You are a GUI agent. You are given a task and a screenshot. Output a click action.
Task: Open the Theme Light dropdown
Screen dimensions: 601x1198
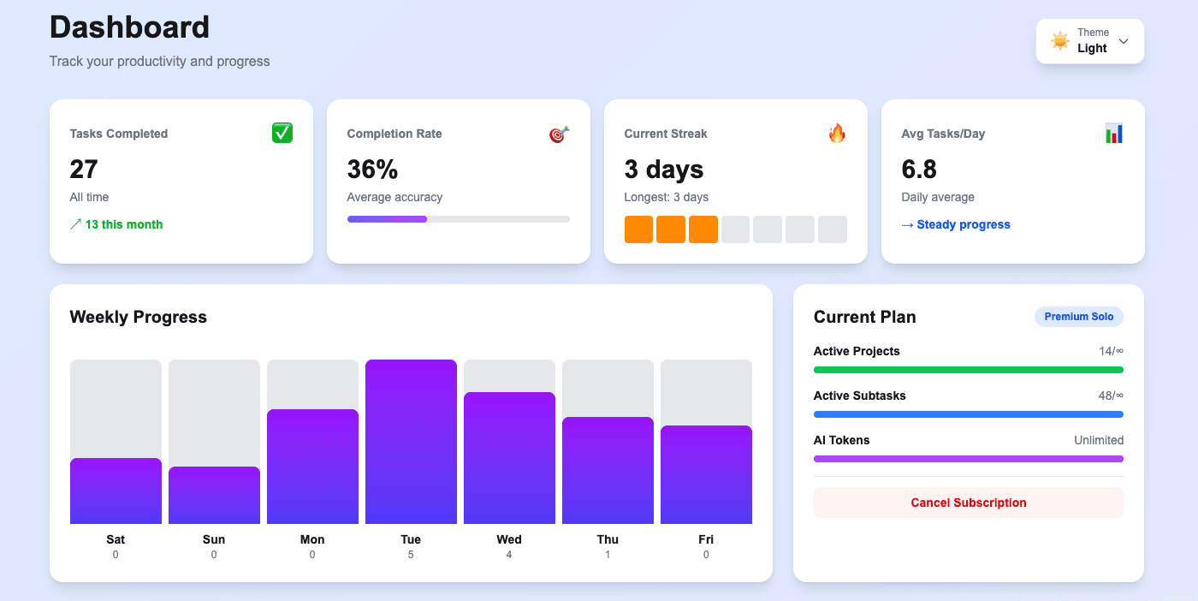(1089, 41)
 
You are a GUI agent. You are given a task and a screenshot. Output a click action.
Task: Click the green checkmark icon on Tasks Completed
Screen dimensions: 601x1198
(282, 133)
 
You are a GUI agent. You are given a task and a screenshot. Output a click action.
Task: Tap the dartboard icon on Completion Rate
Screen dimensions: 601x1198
(559, 134)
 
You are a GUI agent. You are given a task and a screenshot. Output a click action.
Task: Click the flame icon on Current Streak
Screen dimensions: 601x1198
(837, 133)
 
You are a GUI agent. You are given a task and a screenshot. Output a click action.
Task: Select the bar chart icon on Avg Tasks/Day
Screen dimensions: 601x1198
(1113, 133)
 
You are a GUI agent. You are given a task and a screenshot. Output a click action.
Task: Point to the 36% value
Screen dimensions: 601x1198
(372, 170)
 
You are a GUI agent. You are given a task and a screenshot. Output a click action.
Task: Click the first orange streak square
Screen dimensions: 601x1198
(638, 229)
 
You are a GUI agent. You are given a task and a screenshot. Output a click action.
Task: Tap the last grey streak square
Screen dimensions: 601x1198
(832, 229)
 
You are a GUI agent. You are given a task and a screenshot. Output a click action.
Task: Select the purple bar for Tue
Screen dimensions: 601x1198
(411, 441)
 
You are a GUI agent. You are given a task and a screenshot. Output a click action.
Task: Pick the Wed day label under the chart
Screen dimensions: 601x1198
(509, 539)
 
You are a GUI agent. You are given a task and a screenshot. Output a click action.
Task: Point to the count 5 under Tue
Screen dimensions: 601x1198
(411, 555)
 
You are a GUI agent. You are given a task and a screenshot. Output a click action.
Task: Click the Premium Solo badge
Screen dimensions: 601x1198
(1078, 317)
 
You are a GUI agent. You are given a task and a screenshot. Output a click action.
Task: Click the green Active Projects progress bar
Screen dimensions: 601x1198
(968, 370)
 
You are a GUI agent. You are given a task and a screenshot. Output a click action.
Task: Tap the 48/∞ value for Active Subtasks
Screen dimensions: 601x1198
(1110, 396)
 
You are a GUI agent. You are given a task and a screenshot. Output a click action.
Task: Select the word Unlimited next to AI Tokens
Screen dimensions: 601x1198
(1098, 440)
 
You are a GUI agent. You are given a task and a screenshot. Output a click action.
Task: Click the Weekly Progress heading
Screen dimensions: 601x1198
(138, 317)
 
